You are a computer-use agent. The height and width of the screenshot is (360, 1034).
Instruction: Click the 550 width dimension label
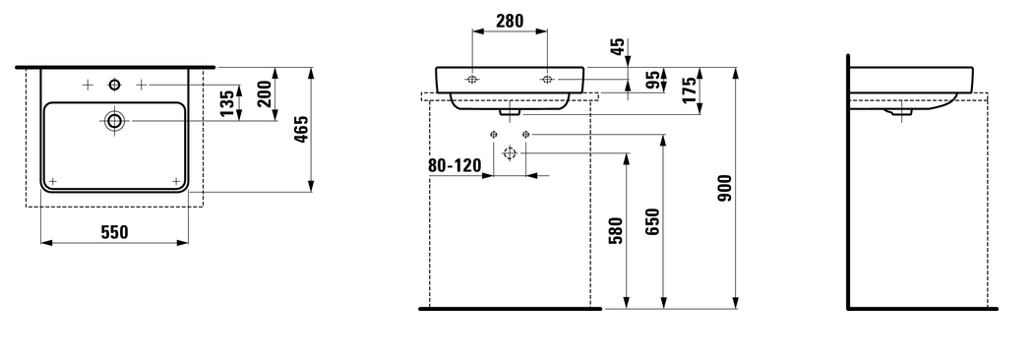115,232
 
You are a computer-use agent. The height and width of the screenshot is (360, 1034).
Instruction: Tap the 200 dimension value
265,94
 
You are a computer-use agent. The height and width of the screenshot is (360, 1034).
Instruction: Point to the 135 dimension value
227,103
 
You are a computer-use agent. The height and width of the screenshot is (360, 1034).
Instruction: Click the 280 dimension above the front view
510,21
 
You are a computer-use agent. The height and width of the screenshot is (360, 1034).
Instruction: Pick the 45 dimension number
617,47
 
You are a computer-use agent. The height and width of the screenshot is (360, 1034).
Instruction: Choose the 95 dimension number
653,80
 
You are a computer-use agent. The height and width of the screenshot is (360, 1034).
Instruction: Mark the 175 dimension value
689,90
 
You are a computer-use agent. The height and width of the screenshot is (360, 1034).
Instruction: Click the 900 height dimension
725,188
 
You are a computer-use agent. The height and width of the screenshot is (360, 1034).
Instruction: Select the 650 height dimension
653,221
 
